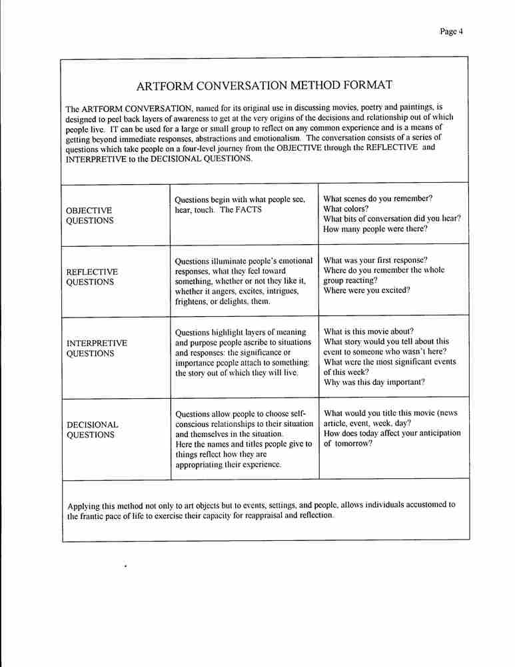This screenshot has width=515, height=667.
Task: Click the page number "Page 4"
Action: [451, 31]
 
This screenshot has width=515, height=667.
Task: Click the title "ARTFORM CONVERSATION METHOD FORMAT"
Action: [264, 85]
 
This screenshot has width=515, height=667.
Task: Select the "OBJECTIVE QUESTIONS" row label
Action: [89, 215]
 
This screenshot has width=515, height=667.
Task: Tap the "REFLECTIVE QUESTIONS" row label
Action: [92, 277]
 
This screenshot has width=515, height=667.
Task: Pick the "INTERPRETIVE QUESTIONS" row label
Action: [97, 348]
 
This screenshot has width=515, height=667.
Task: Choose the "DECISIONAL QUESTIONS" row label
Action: [92, 430]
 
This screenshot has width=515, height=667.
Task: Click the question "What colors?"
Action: [346, 209]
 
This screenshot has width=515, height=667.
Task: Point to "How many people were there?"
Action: [375, 229]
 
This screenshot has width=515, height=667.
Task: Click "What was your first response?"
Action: [375, 260]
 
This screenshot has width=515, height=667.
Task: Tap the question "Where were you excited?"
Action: [366, 290]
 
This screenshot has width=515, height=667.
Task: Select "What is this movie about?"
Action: [368, 331]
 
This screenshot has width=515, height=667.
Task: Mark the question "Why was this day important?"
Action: [374, 382]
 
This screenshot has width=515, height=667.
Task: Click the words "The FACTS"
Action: [241, 209]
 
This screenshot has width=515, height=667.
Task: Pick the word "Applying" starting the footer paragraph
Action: [84, 505]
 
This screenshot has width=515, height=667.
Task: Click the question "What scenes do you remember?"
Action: [378, 199]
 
